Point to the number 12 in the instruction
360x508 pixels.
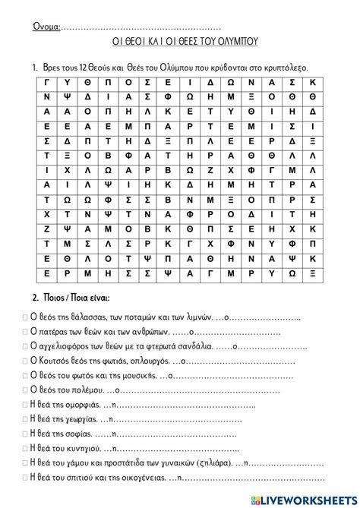point(90,68)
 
